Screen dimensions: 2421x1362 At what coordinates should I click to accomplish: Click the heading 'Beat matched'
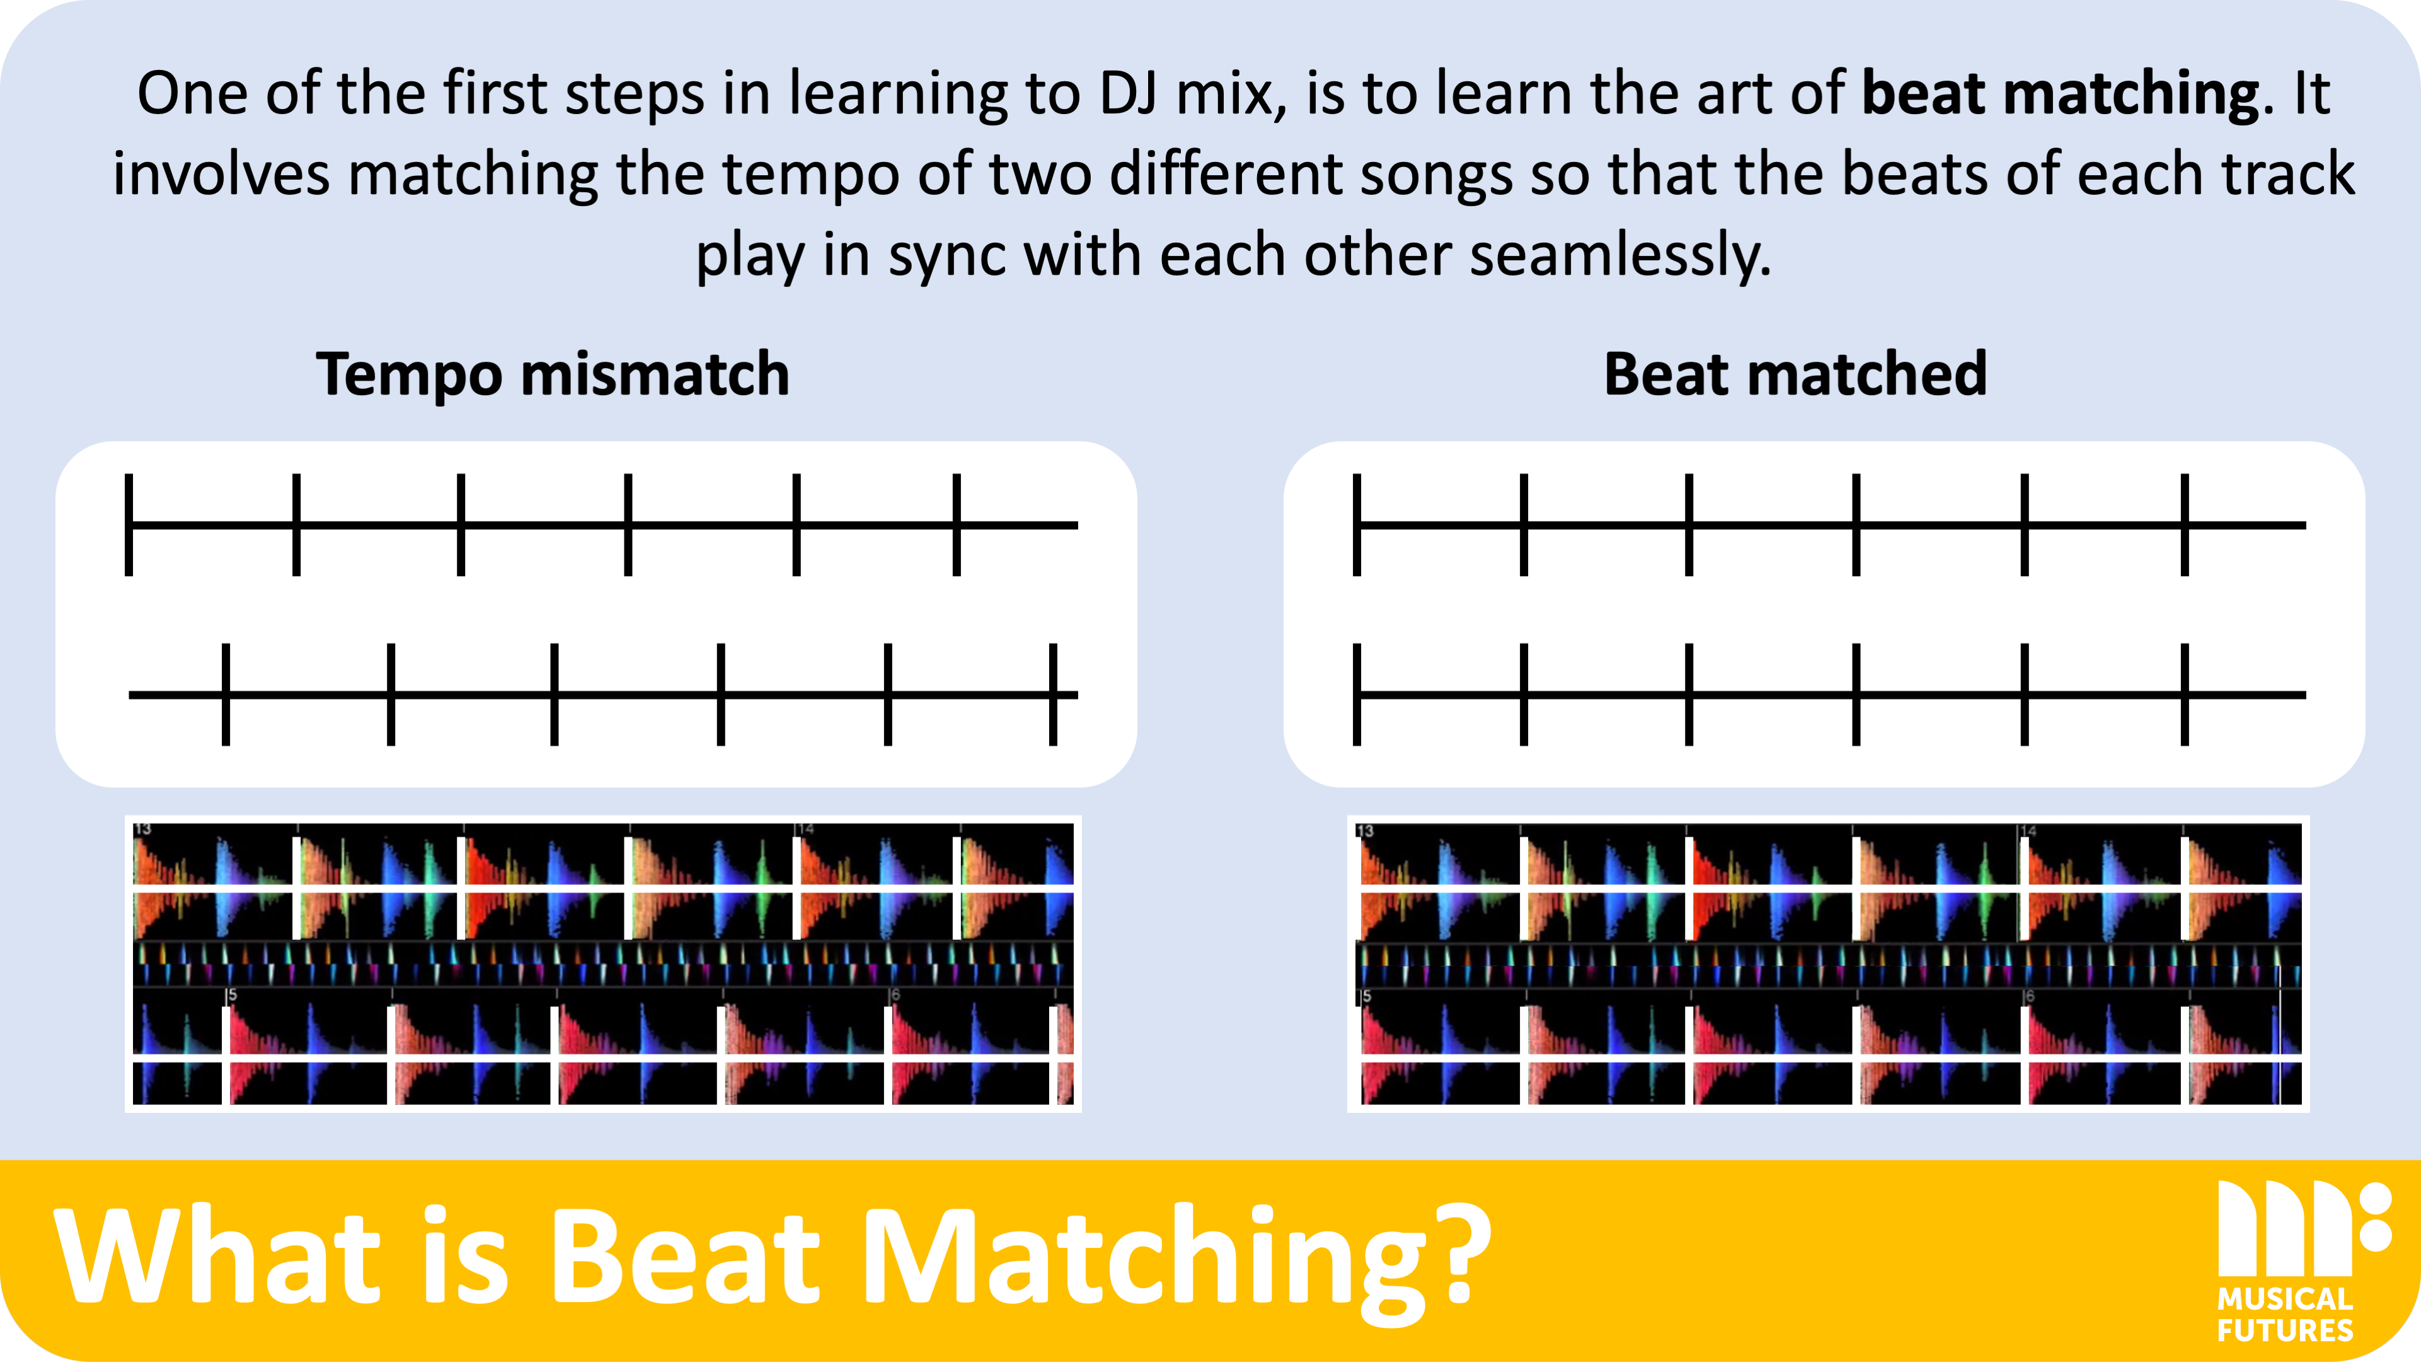tap(1795, 374)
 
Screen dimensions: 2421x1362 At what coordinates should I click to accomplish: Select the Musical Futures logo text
tap(2285, 1315)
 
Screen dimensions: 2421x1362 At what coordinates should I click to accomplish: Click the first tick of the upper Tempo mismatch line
tap(129, 524)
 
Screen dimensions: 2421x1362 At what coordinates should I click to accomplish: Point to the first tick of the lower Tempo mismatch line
tap(226, 695)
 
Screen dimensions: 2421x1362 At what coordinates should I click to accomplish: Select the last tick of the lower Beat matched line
tap(2185, 695)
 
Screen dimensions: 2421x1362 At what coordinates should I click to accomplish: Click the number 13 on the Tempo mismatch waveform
tap(143, 829)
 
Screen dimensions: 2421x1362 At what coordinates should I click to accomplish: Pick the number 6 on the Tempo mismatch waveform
tap(895, 995)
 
